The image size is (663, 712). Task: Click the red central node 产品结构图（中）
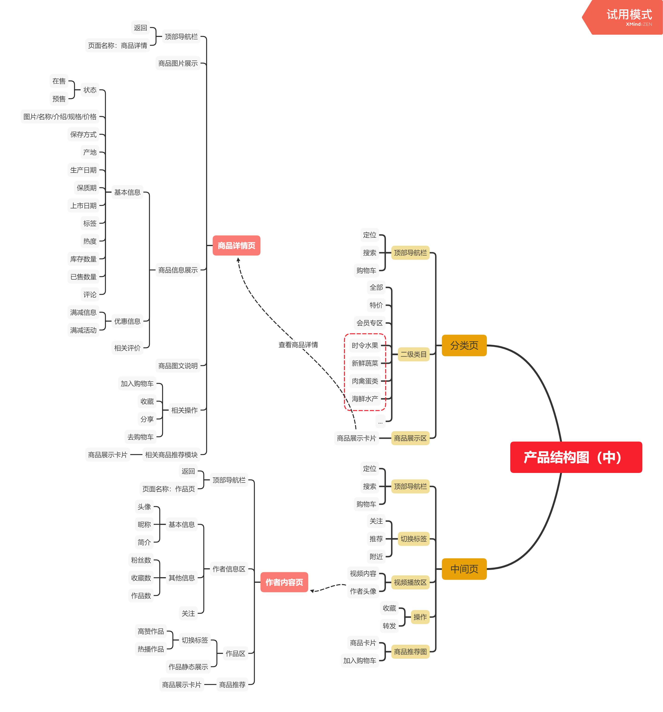point(576,457)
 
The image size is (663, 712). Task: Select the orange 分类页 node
point(464,345)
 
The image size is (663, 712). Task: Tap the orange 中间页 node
point(464,569)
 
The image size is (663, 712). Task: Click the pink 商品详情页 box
point(236,246)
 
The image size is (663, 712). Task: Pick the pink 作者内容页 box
point(284,582)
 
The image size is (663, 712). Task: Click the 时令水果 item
point(365,345)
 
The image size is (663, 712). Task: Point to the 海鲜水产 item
point(365,399)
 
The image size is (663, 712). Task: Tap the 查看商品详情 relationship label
point(298,345)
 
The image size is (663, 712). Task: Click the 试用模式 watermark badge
point(625,17)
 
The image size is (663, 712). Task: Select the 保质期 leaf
point(86,188)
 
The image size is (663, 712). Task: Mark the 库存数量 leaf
point(83,259)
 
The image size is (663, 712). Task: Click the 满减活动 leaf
point(83,330)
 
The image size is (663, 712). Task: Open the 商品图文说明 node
point(178,366)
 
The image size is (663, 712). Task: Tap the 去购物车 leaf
point(141,437)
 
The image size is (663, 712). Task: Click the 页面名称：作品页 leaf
point(168,489)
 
